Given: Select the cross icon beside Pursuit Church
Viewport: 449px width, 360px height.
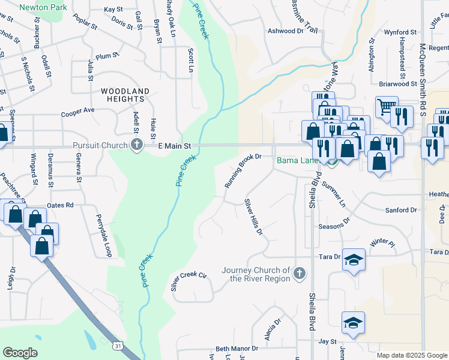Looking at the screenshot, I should point(137,145).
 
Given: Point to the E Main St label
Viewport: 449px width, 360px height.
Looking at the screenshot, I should point(174,146).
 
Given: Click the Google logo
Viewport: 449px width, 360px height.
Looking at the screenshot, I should point(20,353).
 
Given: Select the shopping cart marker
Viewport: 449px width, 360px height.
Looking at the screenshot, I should point(386,107).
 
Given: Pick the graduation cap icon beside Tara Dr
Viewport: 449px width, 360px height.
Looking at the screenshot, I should point(354,259).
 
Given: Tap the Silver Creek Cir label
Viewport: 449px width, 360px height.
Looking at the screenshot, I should point(188,281).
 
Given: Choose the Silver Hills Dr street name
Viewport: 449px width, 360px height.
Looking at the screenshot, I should point(253,217).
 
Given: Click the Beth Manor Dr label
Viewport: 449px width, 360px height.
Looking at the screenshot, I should point(237,348).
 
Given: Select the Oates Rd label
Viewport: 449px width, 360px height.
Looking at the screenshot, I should point(61,205).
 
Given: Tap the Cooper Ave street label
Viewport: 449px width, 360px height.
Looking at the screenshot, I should point(78,112).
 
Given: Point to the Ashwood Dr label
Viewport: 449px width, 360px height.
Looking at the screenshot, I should point(286,31).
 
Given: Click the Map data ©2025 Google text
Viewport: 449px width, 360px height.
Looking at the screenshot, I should point(412,355).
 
